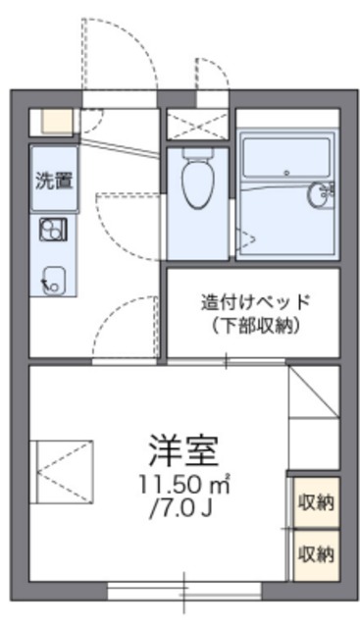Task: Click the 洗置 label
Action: coord(53,181)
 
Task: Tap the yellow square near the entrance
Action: coord(56,123)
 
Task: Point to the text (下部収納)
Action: coord(255,327)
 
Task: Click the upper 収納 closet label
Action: coord(315,503)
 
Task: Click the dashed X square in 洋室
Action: coord(64,471)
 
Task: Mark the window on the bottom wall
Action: coord(183,590)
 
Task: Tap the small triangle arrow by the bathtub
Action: coord(249,236)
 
